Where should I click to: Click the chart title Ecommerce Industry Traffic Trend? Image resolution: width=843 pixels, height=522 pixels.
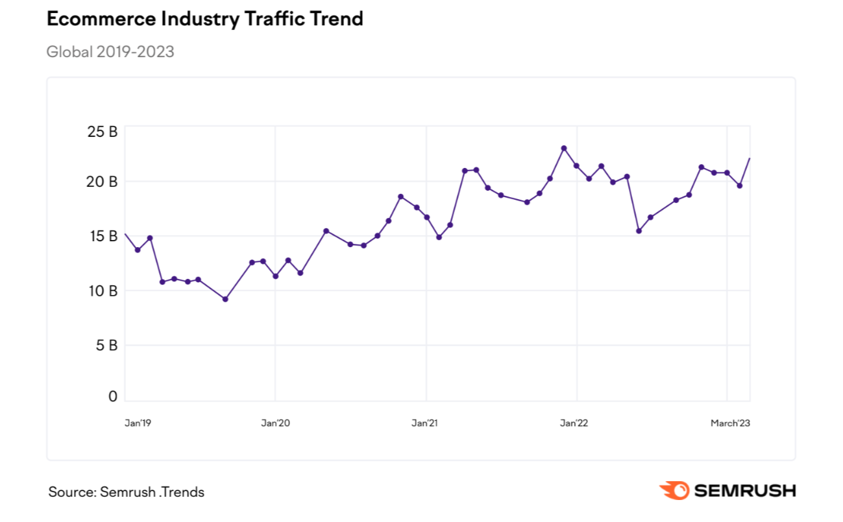point(204,19)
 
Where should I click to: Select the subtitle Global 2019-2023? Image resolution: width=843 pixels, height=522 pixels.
point(110,52)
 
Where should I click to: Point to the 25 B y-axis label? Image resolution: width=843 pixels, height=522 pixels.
point(102,132)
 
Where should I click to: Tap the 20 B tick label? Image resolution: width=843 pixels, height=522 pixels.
point(102,182)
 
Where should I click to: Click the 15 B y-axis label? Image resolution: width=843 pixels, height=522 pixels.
point(102,236)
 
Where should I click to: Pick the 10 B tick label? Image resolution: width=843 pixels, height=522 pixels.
point(102,291)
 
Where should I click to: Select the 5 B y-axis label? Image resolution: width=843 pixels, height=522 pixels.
point(106,345)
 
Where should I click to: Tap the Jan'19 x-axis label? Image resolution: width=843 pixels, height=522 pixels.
point(138,423)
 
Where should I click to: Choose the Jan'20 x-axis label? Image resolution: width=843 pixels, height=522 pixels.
point(276,423)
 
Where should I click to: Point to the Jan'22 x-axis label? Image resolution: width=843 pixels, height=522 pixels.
point(574,423)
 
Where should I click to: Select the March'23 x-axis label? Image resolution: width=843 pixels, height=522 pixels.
point(730,423)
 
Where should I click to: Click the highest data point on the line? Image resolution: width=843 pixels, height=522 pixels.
point(564,148)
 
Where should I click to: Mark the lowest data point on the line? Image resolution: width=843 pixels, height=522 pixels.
point(225,299)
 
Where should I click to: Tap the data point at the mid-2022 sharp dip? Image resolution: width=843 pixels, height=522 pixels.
point(639,231)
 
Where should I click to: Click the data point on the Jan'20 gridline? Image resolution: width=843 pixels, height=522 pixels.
point(276,276)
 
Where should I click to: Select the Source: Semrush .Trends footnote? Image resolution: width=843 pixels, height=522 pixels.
point(127,492)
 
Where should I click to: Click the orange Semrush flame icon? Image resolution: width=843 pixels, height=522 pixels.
point(674,491)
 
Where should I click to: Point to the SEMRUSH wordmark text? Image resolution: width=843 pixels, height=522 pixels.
point(745,491)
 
